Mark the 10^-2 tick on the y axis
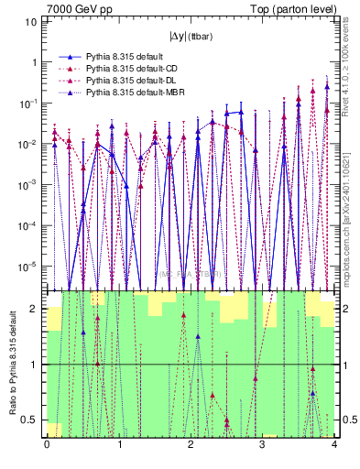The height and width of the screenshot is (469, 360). (x=28, y=145)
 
